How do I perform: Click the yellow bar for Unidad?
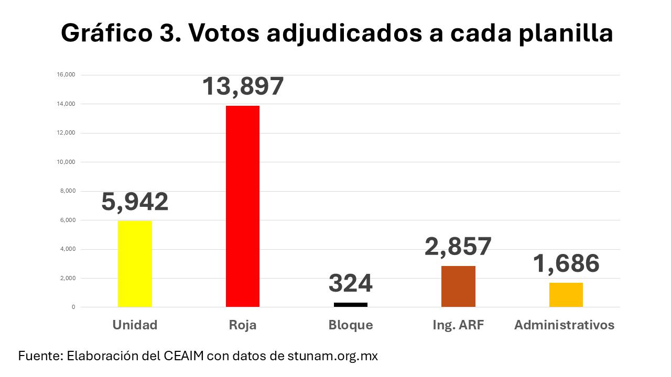point(135,264)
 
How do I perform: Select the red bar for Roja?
point(243,206)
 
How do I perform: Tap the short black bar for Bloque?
point(351,304)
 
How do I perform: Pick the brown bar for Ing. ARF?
point(458,286)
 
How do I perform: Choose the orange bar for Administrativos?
point(566,295)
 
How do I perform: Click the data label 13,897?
point(243,86)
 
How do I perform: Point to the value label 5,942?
point(135,202)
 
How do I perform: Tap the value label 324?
point(351,284)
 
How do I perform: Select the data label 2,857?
point(458,247)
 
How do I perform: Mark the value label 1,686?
point(566,263)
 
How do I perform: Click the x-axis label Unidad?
point(135,325)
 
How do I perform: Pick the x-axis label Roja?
point(243,325)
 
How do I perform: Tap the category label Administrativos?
point(564,325)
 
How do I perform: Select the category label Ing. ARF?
point(458,325)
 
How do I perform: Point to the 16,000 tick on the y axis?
point(66,75)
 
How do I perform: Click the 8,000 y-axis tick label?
point(68,191)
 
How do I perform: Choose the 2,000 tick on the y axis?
point(68,278)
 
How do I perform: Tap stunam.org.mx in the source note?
point(332,356)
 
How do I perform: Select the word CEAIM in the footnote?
point(186,356)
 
